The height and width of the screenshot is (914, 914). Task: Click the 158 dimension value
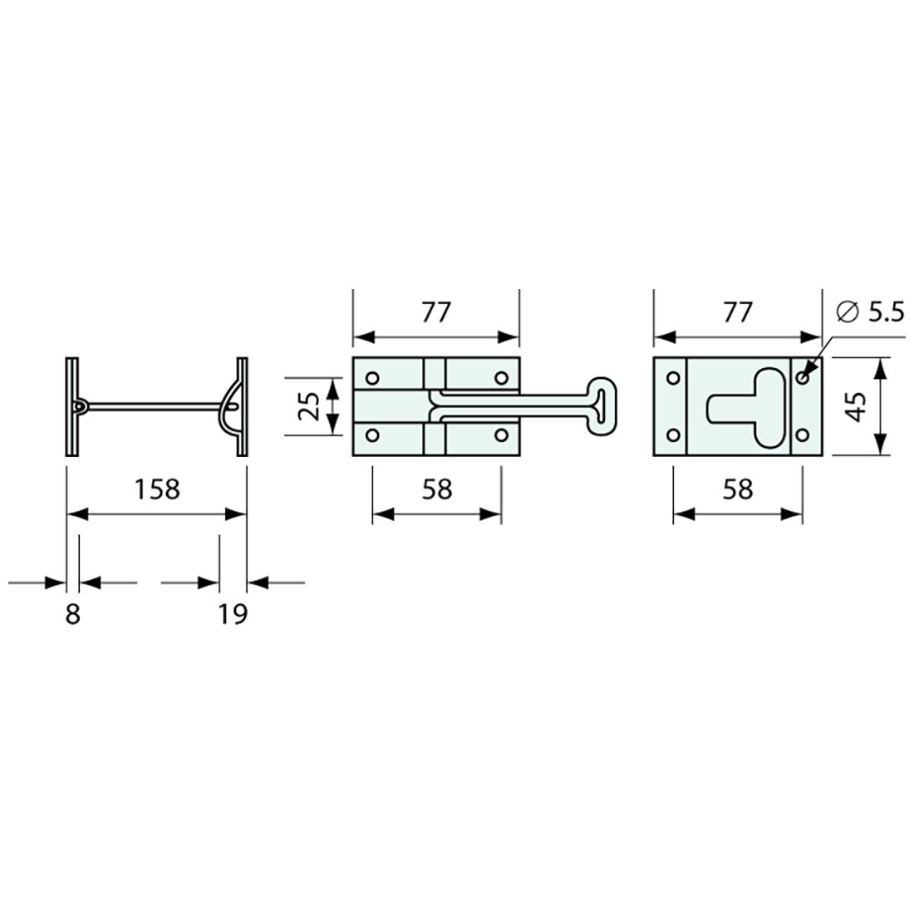[x=157, y=489]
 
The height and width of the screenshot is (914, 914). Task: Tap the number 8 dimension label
[x=72, y=614]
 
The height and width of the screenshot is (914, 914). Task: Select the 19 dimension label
[x=233, y=614]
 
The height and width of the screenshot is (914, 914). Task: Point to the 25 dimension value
[x=310, y=405]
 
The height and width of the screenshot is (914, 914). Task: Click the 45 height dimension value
[x=857, y=405]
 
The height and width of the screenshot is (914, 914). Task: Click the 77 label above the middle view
[x=436, y=312]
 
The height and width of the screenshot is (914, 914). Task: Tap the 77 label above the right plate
[x=737, y=312]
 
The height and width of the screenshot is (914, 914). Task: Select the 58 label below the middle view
[x=436, y=489]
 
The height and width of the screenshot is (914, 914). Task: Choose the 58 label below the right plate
[x=738, y=489]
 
